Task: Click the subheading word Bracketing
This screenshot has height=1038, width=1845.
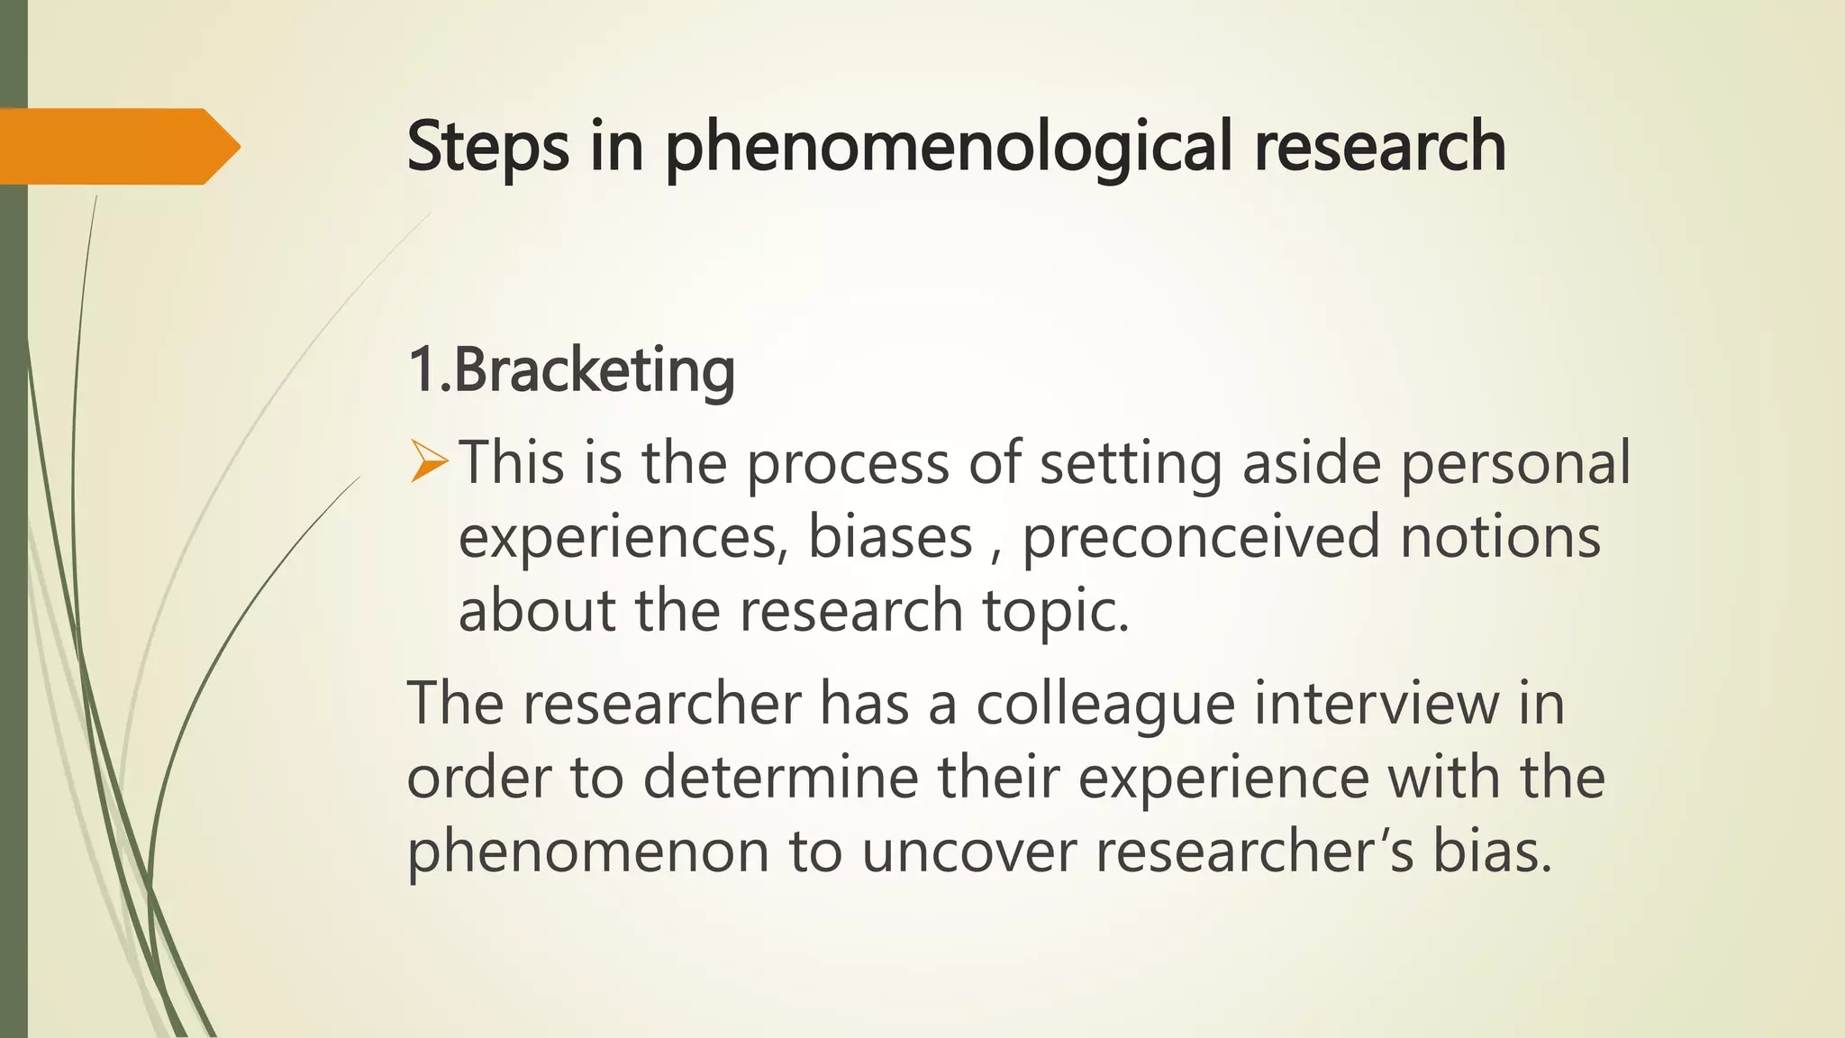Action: (594, 370)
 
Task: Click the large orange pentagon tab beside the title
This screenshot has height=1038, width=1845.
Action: (117, 146)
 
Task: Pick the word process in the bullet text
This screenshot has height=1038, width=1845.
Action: (848, 463)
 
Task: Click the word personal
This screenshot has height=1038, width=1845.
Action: (1515, 463)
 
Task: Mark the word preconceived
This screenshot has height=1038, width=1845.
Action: (1201, 537)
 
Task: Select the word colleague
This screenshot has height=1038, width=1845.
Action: (1105, 704)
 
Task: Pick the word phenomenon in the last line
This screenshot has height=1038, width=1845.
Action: (587, 851)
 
